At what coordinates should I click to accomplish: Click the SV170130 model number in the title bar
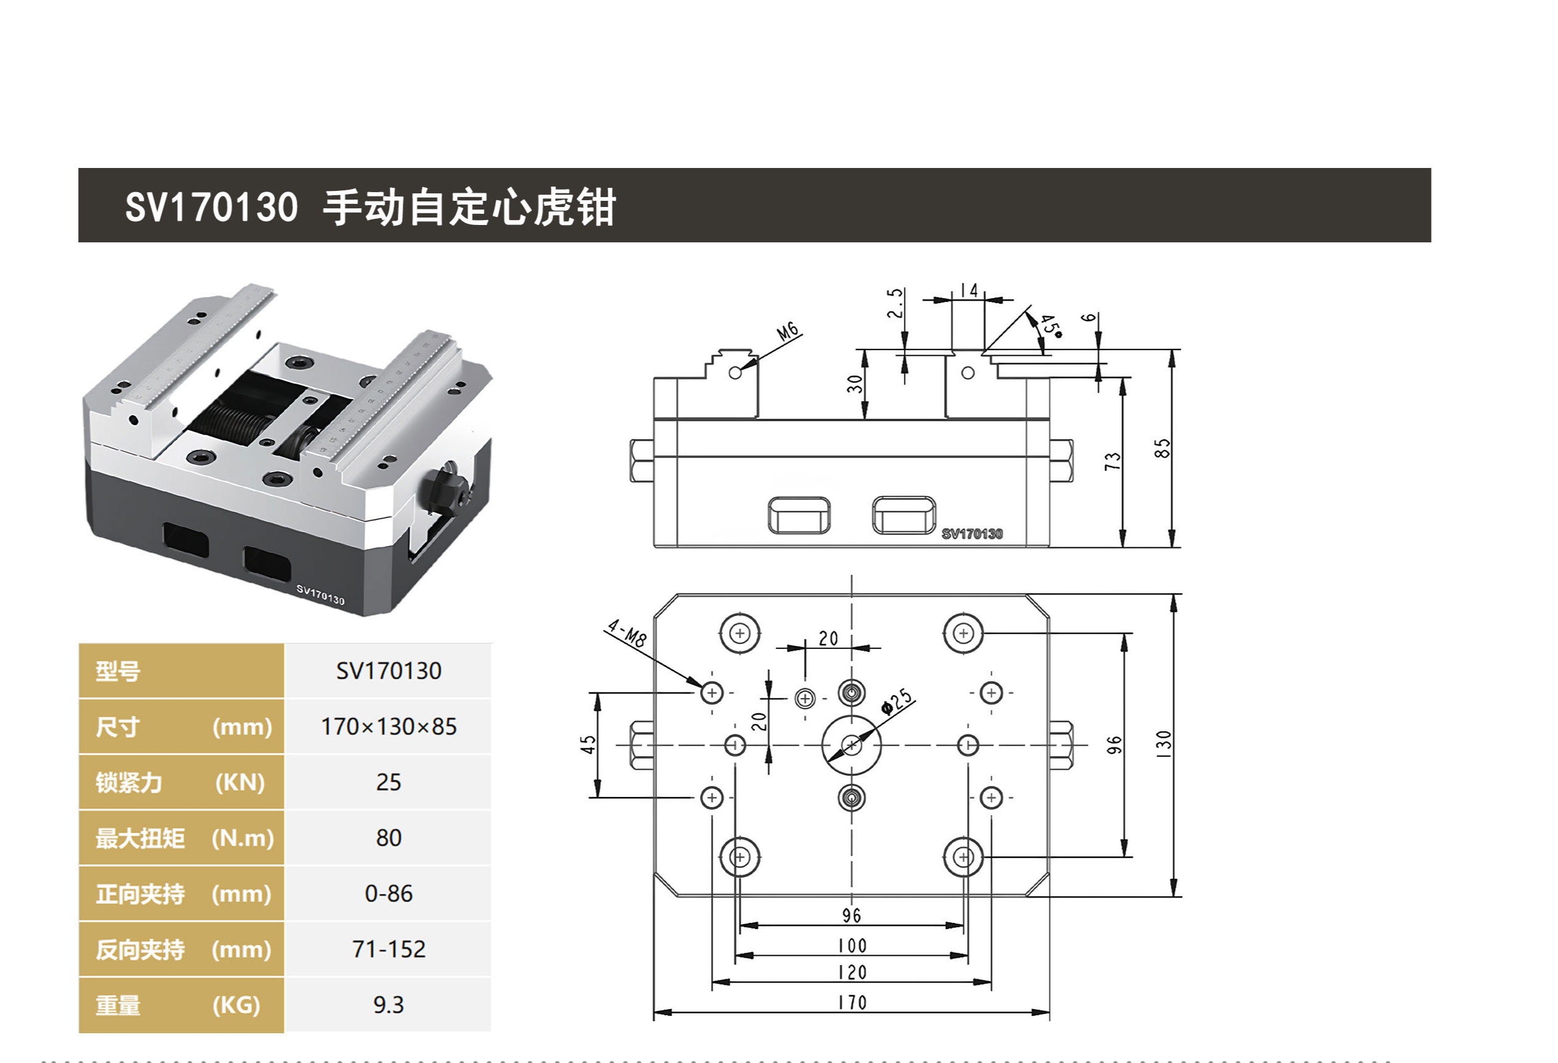(211, 206)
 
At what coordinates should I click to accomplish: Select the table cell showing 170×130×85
(388, 726)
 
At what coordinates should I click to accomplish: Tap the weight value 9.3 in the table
(388, 1005)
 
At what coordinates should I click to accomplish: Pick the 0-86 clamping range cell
(388, 893)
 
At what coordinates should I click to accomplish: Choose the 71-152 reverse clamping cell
(388, 949)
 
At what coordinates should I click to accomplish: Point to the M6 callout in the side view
(788, 330)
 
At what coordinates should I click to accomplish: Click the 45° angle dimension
(1051, 326)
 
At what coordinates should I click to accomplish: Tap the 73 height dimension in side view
(1112, 461)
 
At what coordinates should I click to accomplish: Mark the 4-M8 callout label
(626, 633)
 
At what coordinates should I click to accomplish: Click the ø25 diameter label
(896, 702)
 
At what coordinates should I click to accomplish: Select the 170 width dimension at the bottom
(852, 1003)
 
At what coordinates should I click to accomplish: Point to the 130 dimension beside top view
(1163, 744)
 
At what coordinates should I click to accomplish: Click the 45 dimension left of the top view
(588, 744)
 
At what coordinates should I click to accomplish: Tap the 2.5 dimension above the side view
(895, 303)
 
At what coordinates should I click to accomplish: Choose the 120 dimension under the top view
(852, 973)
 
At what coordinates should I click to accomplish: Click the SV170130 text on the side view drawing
(971, 534)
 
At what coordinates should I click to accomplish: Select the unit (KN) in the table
(240, 783)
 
